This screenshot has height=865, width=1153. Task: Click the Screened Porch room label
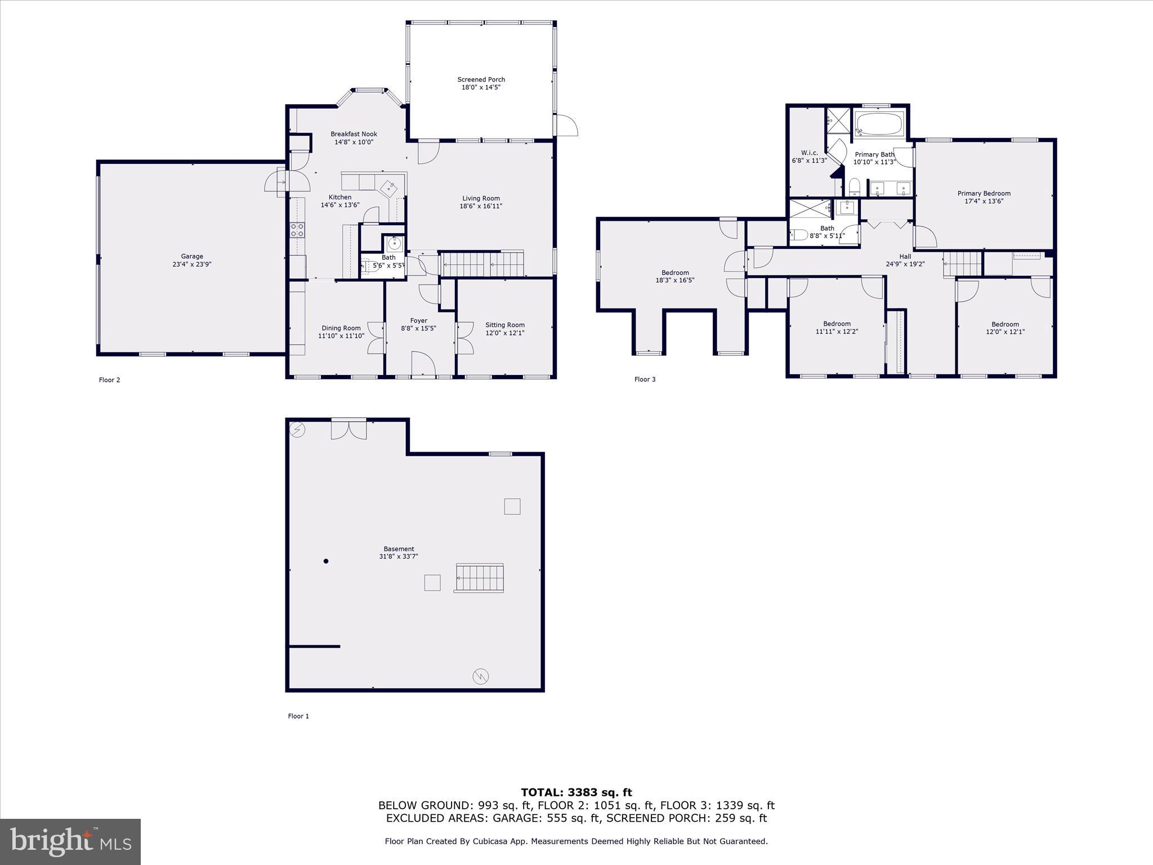(x=481, y=80)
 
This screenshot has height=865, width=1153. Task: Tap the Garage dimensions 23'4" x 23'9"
(x=192, y=264)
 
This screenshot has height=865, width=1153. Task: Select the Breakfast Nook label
(x=354, y=134)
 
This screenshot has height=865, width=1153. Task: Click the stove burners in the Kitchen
(x=297, y=229)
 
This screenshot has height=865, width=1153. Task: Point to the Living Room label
(x=481, y=198)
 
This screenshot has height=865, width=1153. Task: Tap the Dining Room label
(x=341, y=328)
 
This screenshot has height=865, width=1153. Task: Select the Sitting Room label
(x=504, y=325)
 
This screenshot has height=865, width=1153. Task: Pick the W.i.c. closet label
(x=809, y=153)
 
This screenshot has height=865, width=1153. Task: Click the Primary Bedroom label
(x=984, y=194)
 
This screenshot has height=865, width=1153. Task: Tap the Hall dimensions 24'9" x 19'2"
(x=905, y=264)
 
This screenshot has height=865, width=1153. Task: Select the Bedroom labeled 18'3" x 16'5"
(x=675, y=273)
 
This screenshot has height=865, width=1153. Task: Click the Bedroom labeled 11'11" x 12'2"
(x=837, y=324)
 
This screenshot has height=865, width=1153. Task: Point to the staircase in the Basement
(x=479, y=578)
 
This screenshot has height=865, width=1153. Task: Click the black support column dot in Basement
(x=326, y=561)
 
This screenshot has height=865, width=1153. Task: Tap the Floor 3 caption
(x=645, y=380)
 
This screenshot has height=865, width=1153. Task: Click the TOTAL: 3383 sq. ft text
(x=576, y=793)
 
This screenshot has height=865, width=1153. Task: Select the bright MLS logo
(x=70, y=841)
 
